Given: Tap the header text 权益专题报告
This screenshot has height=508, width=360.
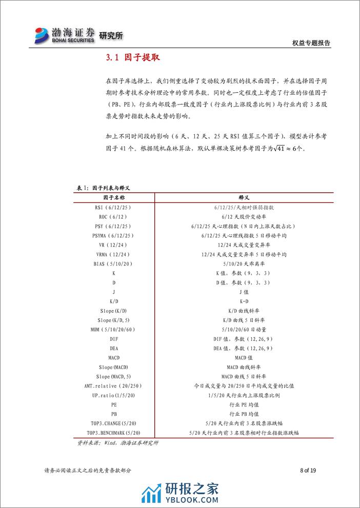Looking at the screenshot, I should pos(310,44).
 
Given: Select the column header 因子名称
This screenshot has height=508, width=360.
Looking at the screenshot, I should pos(113,197).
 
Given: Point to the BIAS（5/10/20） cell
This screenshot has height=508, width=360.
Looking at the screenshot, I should pos(113,263).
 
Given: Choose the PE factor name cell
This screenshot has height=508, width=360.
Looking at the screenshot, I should pos(113,404).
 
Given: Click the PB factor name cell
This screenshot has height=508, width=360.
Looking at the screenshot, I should pos(113,414).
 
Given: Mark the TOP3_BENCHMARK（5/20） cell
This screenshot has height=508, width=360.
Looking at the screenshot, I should pos(113,433).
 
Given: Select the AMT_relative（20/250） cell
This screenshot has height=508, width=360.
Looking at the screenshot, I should pos(113,385).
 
